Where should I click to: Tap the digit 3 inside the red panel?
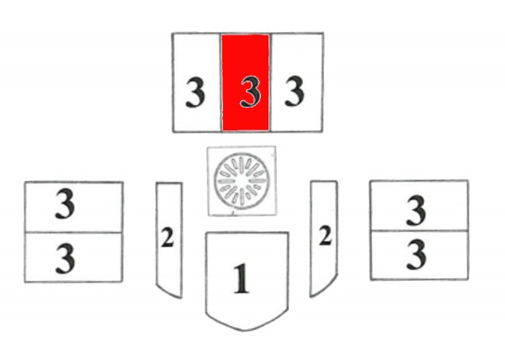pos(247,92)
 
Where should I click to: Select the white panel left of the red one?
pos(196,82)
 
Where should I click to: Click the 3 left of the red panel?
pos(195,93)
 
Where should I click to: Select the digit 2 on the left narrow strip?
pos(167,239)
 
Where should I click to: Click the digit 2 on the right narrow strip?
pos(325,237)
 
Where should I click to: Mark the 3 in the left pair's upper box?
pos(65,204)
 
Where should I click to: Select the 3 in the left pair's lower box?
pos(65,259)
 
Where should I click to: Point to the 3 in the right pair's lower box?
pos(416,254)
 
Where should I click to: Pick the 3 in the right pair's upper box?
pos(416,211)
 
